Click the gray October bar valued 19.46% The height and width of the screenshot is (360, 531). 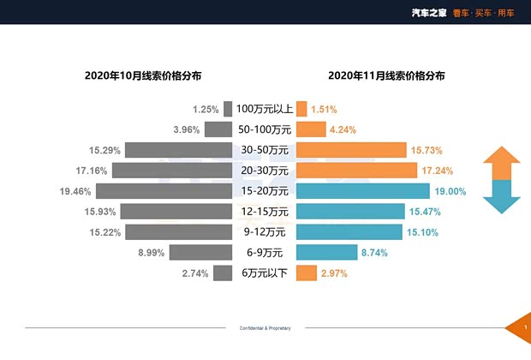click(x=166, y=191)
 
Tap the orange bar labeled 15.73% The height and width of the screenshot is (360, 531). click(x=351, y=150)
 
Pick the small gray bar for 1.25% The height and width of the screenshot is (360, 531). click(x=228, y=109)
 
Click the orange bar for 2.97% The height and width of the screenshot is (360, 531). click(x=307, y=273)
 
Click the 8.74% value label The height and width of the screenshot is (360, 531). click(x=376, y=253)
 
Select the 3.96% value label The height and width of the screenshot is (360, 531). click(x=186, y=130)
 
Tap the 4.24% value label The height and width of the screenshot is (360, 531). click(x=343, y=130)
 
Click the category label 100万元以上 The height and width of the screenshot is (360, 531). click(x=265, y=109)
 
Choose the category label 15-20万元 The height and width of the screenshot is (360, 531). click(x=265, y=191)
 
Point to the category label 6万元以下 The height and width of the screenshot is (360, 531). click(x=265, y=273)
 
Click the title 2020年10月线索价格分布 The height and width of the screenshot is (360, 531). click(x=143, y=75)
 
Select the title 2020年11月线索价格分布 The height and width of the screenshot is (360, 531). click(x=385, y=75)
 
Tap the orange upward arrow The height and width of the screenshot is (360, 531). click(x=502, y=163)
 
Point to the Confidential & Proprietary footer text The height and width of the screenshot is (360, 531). click(x=265, y=328)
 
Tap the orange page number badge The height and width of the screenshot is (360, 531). click(x=522, y=329)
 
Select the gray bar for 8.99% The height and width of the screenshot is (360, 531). click(x=200, y=253)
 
